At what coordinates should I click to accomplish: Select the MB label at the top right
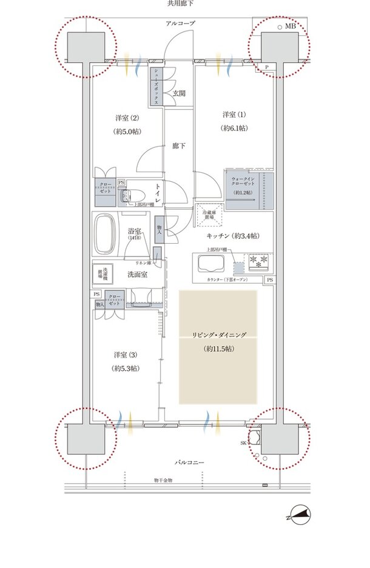coord(291,27)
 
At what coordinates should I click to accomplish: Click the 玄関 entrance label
coord(178,93)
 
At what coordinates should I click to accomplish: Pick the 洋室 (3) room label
coord(124,354)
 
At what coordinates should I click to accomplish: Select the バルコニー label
coord(189,463)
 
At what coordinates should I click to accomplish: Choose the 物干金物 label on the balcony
coord(163,480)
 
